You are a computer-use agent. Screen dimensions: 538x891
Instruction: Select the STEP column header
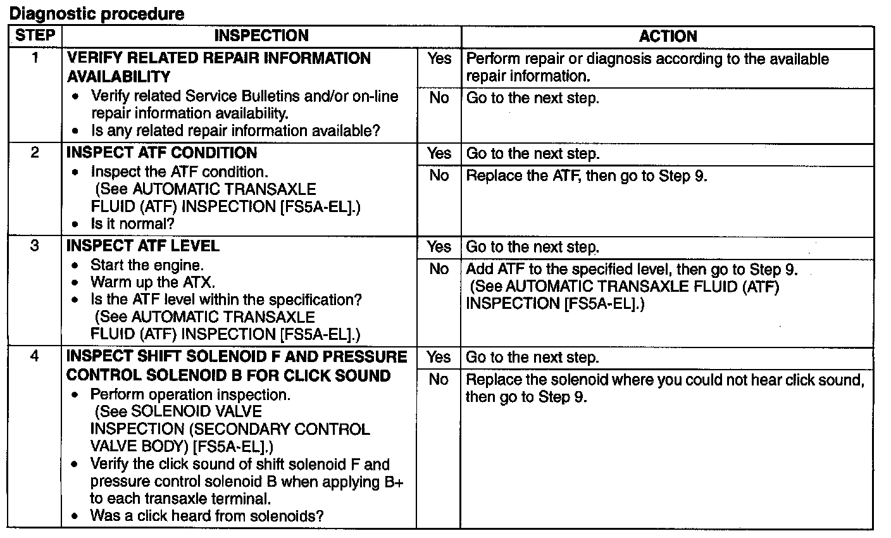(35, 35)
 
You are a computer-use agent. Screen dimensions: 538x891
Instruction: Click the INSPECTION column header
(261, 36)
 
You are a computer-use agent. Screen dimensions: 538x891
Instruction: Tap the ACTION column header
(668, 36)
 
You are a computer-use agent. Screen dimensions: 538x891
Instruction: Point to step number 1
(35, 58)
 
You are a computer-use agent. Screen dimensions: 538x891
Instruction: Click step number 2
(35, 153)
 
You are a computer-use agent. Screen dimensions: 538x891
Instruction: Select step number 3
(35, 246)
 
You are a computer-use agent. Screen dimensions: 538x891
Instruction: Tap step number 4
(35, 356)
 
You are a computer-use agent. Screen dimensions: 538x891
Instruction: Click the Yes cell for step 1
(439, 59)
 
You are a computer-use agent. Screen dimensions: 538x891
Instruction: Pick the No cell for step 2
(439, 175)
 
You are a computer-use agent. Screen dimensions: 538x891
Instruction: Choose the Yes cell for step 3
(439, 247)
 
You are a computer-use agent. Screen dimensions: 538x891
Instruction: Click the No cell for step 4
(439, 379)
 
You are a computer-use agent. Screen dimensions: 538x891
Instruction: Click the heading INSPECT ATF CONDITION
(161, 153)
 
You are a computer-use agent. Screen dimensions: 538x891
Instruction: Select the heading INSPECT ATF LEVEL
(142, 246)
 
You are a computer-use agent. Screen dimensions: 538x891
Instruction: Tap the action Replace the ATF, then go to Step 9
(586, 175)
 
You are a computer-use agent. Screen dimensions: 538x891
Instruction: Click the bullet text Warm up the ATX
(153, 282)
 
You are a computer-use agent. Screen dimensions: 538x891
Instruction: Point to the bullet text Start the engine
(147, 265)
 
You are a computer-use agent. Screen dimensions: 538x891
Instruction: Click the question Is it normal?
(132, 223)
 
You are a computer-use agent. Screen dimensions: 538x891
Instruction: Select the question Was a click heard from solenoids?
(206, 516)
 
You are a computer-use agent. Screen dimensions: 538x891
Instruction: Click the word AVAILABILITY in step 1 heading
(118, 77)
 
